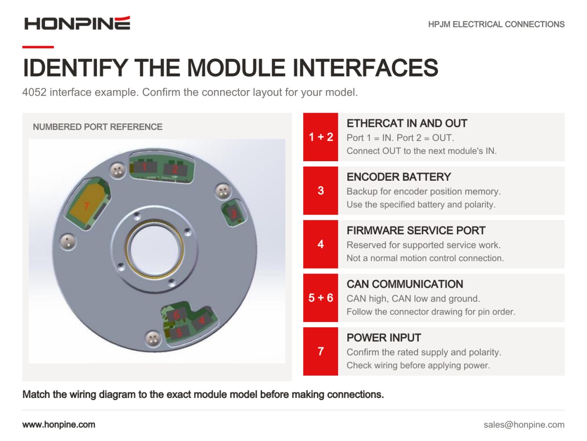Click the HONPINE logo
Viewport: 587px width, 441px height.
(77, 24)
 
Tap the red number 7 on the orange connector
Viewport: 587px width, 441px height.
(86, 206)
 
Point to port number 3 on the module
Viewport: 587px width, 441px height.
(233, 214)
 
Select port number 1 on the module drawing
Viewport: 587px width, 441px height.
(144, 167)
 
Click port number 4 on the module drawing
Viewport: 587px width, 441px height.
(202, 320)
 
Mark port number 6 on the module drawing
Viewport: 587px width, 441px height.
(177, 315)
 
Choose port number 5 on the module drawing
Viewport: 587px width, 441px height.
(179, 333)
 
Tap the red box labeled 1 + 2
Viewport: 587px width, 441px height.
(320, 137)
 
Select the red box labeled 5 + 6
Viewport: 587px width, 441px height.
(320, 297)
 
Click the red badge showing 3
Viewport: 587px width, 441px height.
(320, 191)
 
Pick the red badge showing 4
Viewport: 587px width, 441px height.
(320, 244)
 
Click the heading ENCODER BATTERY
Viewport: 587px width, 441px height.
(399, 177)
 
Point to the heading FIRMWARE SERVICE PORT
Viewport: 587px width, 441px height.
(416, 230)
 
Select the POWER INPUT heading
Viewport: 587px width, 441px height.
(384, 338)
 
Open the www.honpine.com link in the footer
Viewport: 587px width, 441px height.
(59, 425)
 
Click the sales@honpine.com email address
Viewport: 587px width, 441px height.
(524, 425)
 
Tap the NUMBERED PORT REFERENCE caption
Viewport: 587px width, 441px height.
(98, 126)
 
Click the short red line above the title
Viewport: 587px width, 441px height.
(38, 47)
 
